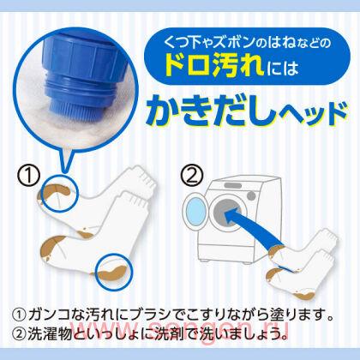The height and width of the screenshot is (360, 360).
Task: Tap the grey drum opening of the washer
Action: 228,215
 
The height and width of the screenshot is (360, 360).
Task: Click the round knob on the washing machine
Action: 251,195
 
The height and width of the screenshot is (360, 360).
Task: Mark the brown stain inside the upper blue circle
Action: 55,190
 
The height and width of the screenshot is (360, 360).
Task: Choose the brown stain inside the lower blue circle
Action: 112,273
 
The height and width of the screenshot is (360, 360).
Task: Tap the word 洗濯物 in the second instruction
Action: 49,333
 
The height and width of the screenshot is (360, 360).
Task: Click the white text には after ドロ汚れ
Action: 283,69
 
